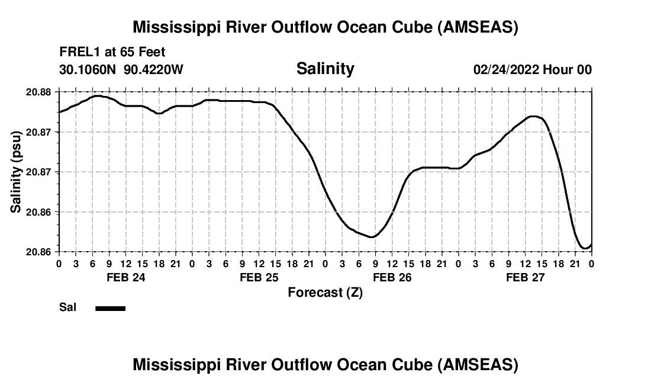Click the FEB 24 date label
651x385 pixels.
coord(125,277)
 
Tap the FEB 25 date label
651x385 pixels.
coord(259,277)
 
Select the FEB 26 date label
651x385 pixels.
coord(392,277)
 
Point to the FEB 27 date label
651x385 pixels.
coord(525,277)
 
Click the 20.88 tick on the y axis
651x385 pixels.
coord(38,92)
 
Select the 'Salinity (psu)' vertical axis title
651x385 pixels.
coord(17,171)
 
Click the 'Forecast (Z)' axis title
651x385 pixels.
coord(325,293)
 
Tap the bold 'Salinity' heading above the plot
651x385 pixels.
coord(325,69)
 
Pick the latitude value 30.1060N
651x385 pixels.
coord(89,70)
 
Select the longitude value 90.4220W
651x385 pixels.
coord(153,70)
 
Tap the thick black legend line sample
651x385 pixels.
coord(110,308)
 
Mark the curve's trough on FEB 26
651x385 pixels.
coord(371,237)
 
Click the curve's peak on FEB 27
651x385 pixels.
coord(534,116)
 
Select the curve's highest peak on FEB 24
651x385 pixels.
coord(97,95)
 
